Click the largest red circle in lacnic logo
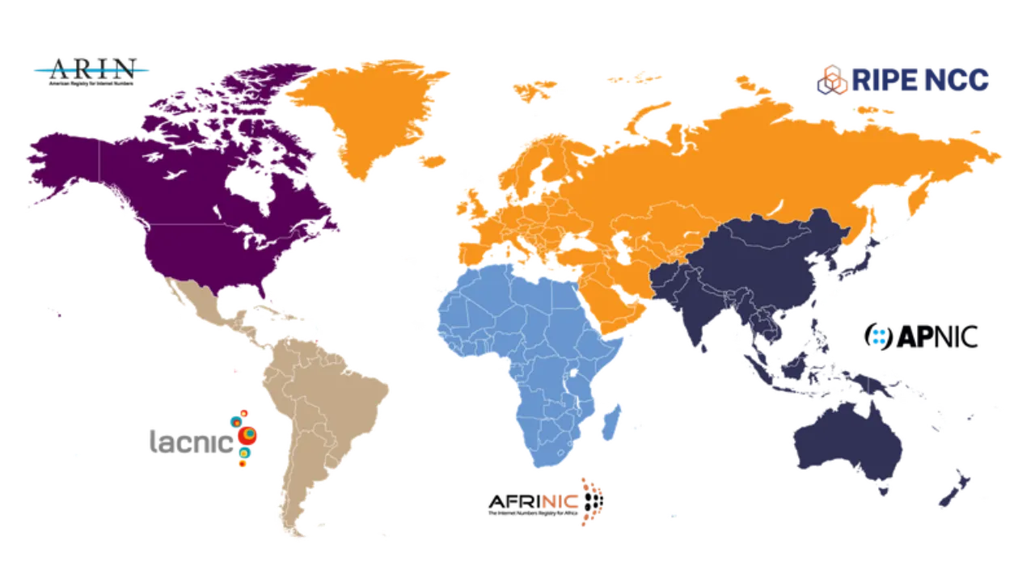pyautogui.click(x=249, y=435)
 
